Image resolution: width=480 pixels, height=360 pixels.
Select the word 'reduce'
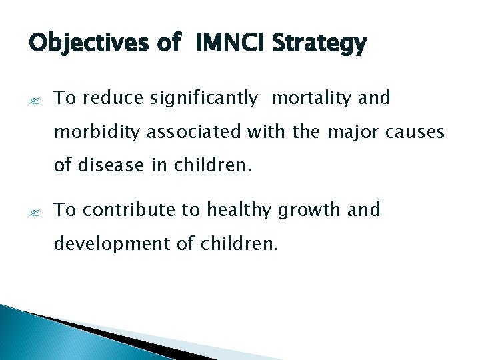121,99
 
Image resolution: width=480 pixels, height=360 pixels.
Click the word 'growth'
309,211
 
